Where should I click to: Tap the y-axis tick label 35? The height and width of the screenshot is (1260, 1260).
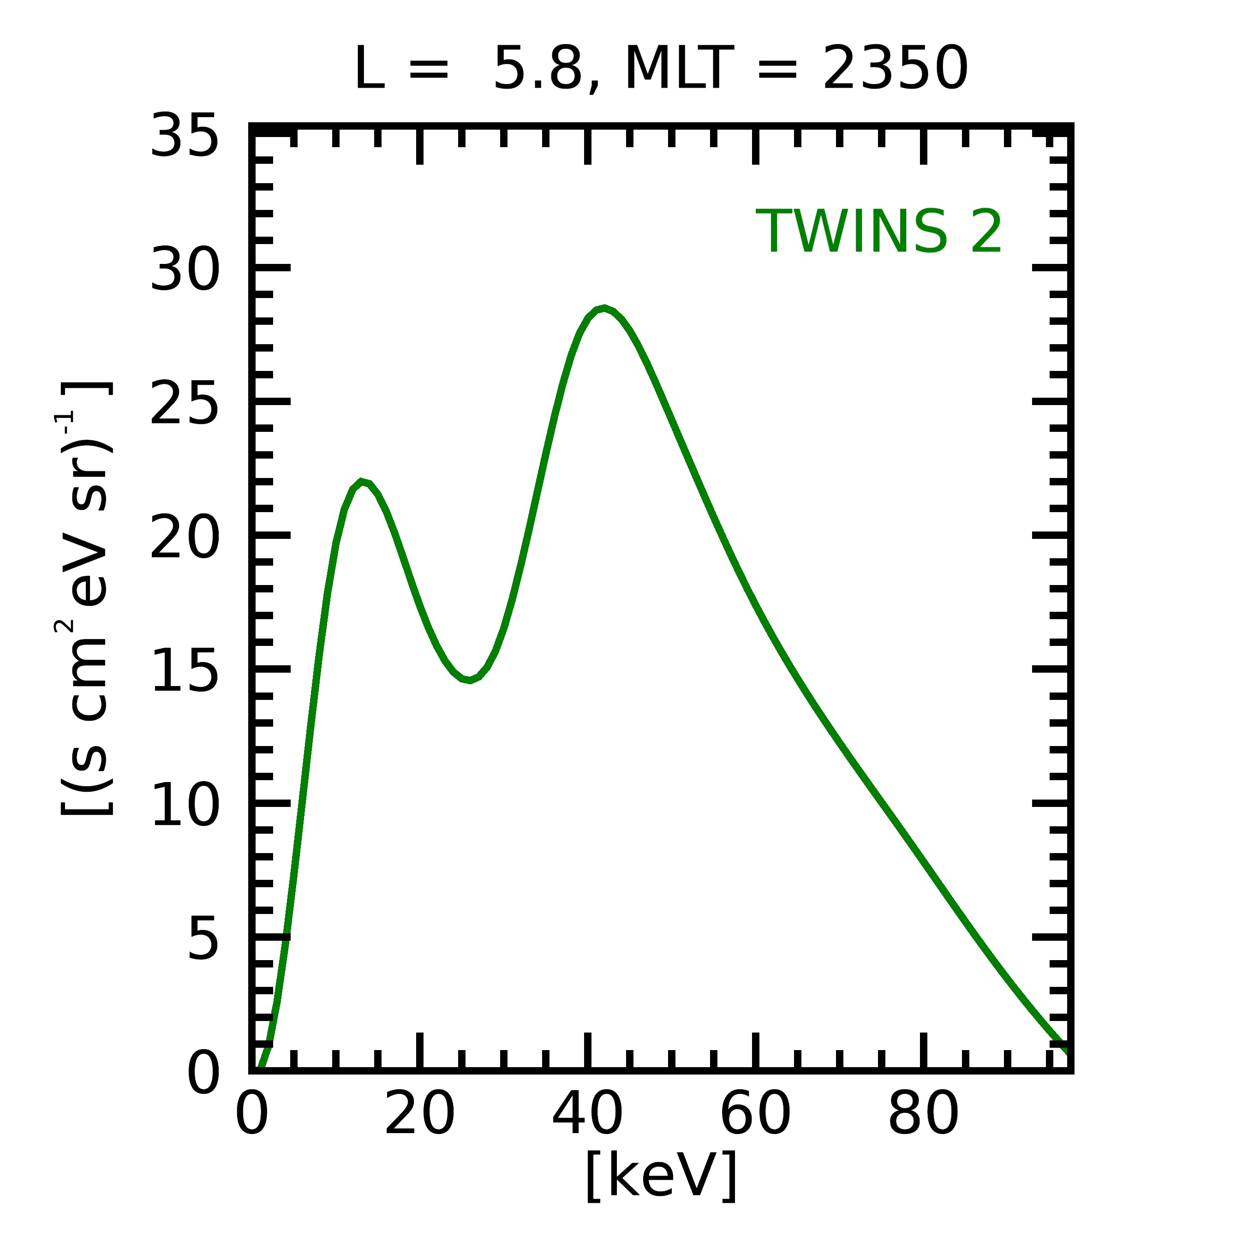184,136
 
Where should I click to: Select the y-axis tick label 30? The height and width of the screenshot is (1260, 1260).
184,270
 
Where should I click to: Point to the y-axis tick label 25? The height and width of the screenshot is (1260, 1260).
184,404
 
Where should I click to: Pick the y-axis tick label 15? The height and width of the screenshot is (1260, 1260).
184,672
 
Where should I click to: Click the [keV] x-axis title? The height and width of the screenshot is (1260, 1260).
661,1176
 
